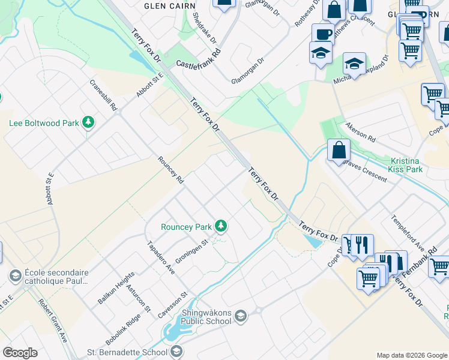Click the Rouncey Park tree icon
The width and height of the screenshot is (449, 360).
point(221,226)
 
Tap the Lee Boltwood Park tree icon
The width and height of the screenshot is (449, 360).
point(88,122)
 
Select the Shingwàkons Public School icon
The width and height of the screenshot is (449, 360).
point(240,316)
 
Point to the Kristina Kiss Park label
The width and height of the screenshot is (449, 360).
point(406,165)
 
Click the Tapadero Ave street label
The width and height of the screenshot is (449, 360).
point(161,259)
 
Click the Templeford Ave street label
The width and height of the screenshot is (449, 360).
point(408,233)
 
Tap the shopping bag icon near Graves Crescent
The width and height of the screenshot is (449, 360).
point(339,150)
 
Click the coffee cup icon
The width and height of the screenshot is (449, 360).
point(323,34)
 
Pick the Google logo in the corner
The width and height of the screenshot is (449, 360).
point(20,353)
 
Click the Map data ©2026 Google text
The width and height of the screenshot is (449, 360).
point(412,355)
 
